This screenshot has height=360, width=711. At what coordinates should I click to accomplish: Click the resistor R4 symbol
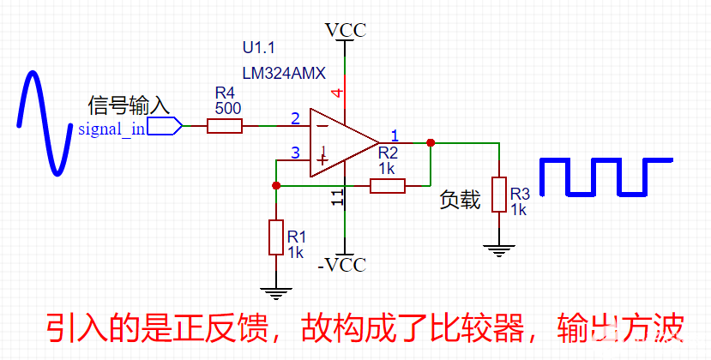click(x=225, y=127)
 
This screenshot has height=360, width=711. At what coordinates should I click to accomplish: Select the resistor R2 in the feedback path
click(x=388, y=186)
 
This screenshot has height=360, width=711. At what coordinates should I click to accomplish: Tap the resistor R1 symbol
click(x=275, y=237)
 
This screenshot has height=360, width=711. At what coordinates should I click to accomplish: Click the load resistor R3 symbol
click(x=498, y=195)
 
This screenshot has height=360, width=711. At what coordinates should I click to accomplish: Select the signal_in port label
click(x=111, y=129)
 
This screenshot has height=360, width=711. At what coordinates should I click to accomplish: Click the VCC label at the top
click(x=346, y=31)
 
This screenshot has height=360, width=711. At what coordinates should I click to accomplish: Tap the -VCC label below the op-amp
click(x=341, y=265)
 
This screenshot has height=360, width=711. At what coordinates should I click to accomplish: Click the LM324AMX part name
click(x=284, y=74)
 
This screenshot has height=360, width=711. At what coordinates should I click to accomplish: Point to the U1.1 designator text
click(x=260, y=48)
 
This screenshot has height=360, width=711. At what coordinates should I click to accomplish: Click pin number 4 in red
click(x=337, y=93)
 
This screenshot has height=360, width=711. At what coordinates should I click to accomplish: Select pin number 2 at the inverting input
click(x=295, y=118)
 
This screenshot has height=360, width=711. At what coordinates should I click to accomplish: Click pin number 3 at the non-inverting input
click(x=295, y=153)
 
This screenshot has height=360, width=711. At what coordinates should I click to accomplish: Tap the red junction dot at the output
click(x=431, y=143)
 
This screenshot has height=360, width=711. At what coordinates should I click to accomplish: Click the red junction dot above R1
click(x=275, y=185)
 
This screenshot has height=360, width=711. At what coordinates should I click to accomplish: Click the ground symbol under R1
click(x=275, y=293)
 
